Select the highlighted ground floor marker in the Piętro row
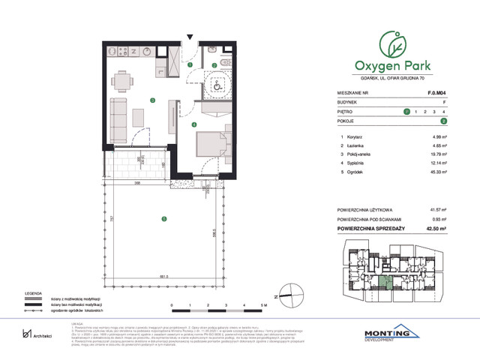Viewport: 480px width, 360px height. point(406,111)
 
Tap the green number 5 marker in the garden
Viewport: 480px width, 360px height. point(163,218)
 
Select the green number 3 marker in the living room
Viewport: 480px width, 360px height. point(152,100)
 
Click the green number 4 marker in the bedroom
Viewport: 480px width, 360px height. point(193,124)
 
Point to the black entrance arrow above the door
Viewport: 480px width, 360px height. point(191,37)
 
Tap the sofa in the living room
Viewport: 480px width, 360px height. point(118,114)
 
